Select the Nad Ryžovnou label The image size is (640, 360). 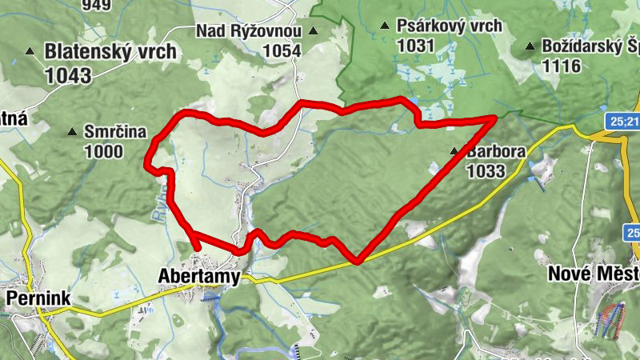pos(249,31)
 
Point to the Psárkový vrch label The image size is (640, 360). pos(450,26)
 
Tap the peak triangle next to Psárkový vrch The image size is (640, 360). pos(386,26)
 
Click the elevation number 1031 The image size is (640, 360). pos(415,46)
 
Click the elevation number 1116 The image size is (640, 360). pos(561,66)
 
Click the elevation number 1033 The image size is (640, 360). pos(486,170)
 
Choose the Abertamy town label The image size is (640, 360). pos(199,278)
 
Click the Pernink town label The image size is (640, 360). pos(38,298)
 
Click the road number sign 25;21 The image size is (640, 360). pos(622,121)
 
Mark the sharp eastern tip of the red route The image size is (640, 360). pos(496,117)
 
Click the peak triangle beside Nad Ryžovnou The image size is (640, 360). pos(313,31)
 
